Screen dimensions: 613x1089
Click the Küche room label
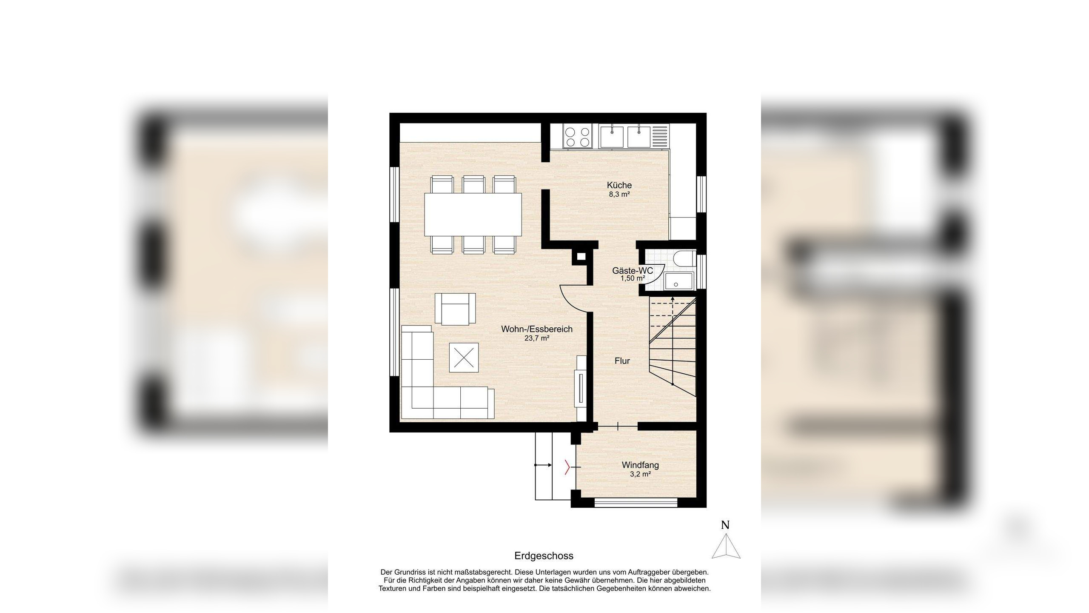pyautogui.click(x=619, y=185)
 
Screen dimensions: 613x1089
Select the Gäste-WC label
pyautogui.click(x=632, y=271)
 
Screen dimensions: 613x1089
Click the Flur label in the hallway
pyautogui.click(x=622, y=361)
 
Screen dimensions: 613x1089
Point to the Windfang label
pyautogui.click(x=640, y=465)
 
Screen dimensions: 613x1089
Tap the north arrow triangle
pyautogui.click(x=726, y=547)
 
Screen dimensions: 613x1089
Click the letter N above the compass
pyautogui.click(x=725, y=525)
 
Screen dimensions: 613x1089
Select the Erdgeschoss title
pyautogui.click(x=544, y=556)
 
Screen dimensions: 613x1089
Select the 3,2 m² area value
pyautogui.click(x=640, y=474)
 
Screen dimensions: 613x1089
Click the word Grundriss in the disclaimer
pyautogui.click(x=411, y=573)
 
